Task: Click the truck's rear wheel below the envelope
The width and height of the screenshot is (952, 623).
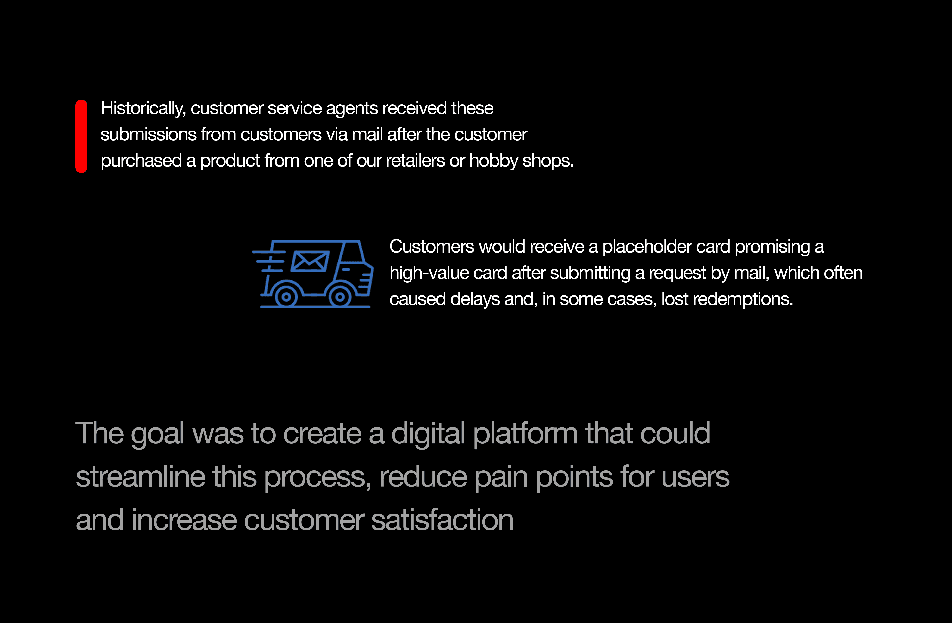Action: (286, 297)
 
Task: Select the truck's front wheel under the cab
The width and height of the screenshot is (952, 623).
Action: (340, 297)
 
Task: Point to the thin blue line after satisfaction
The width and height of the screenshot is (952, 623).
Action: (692, 522)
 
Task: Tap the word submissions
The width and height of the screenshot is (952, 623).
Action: (148, 134)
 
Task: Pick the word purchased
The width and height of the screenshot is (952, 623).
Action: (141, 161)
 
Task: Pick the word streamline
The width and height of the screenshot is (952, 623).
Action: (140, 477)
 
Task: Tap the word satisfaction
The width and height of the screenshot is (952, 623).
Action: (442, 520)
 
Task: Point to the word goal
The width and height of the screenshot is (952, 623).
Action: (158, 434)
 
